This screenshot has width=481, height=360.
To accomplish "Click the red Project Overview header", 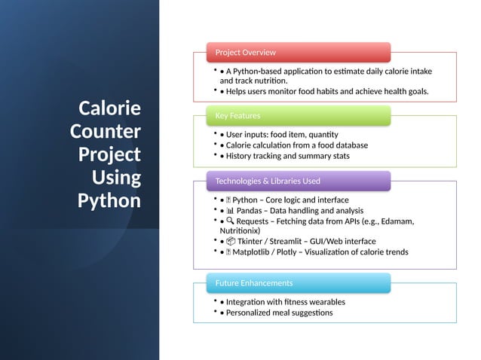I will [x=299, y=52].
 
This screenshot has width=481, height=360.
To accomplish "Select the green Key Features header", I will [x=299, y=115].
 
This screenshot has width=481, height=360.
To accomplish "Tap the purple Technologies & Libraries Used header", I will [x=299, y=181].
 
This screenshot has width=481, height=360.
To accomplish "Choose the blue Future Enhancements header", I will [x=299, y=282].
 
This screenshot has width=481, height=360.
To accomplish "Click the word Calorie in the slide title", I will [x=109, y=108].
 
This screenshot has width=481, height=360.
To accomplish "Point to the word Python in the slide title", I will [x=109, y=201].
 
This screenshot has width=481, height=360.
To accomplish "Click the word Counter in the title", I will [x=106, y=131].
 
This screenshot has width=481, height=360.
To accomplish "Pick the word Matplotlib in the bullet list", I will [x=257, y=252].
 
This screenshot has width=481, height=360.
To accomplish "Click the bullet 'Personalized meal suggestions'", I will [x=279, y=313].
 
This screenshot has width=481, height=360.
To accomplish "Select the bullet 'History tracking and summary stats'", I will [x=287, y=156].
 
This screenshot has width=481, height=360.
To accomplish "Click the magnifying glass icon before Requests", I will [x=229, y=221].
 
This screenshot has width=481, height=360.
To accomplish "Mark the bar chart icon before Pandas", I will [x=229, y=211].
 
